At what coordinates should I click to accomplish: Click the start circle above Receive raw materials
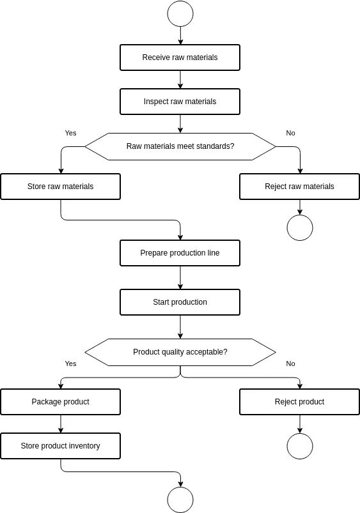180,13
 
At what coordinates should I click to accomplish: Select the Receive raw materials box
180,57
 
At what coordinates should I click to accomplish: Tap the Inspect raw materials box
180,102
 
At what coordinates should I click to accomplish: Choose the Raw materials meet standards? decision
180,146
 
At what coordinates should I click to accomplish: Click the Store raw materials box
60,187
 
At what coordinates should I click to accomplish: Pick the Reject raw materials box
299,187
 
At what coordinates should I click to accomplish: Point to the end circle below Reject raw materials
299,227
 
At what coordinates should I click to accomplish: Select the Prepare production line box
180,253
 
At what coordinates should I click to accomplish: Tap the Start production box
180,302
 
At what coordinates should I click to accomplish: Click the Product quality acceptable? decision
180,352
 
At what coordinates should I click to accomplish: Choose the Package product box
60,402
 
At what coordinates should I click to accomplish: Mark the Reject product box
299,402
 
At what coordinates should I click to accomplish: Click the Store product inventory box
60,446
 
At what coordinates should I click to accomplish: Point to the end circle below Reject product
299,446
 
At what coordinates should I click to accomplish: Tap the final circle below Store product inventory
180,500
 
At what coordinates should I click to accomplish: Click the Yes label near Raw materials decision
70,133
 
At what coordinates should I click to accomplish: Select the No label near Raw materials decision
290,133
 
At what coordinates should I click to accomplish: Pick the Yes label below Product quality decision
70,364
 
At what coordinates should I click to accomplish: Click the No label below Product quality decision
290,364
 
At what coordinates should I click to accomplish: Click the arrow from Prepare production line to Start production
180,277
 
